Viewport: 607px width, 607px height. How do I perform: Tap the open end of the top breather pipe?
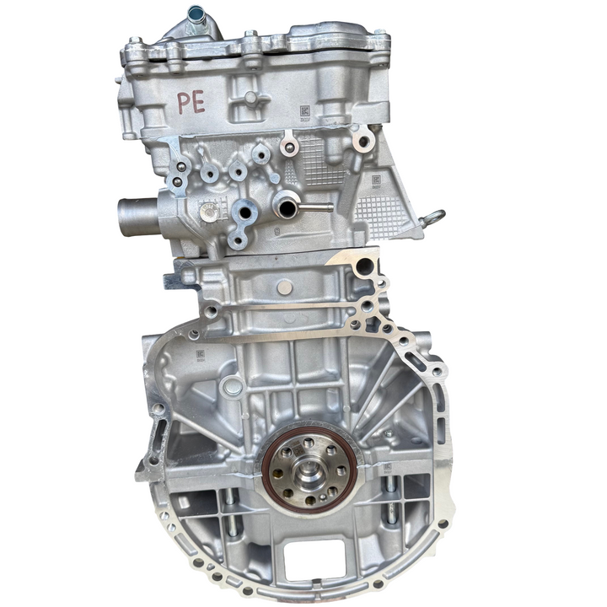tap(196, 13)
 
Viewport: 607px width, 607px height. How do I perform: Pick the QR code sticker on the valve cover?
tap(304, 110)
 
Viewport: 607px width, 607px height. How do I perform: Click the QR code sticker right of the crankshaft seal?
tap(387, 466)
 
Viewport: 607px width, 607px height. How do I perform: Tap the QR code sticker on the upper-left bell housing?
tap(201, 355)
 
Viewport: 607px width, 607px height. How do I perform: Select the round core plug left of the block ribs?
tap(230, 389)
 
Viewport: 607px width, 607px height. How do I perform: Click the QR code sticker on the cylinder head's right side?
tap(374, 180)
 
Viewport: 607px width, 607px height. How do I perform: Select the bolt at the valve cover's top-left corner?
tap(134, 41)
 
